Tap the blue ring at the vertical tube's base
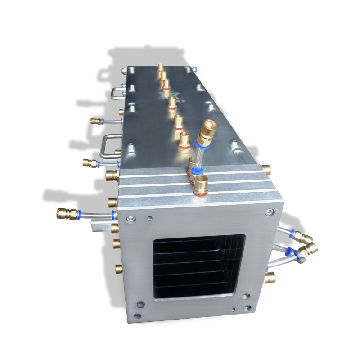196,171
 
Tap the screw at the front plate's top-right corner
269,212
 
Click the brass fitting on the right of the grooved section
266,170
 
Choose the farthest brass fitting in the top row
161,68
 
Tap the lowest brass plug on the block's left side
118,269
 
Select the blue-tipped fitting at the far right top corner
194,69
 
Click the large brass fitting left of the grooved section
112,175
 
